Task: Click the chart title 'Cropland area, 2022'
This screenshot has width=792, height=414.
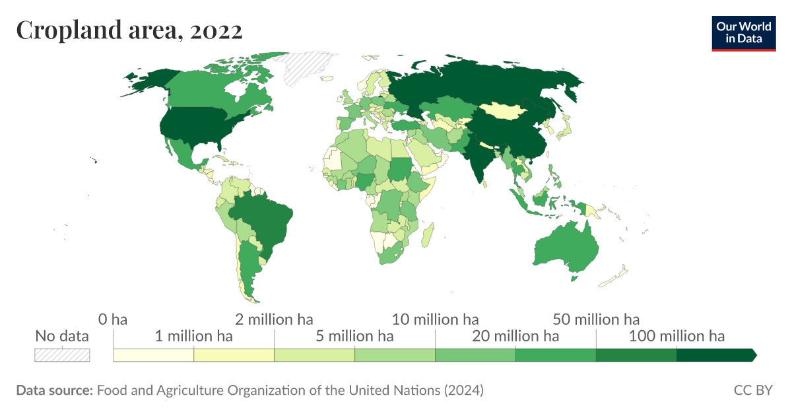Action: pyautogui.click(x=129, y=30)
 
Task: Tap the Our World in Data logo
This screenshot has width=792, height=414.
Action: pyautogui.click(x=743, y=32)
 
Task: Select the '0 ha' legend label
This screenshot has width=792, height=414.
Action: pyautogui.click(x=113, y=320)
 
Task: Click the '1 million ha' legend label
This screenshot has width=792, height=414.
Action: pyautogui.click(x=193, y=336)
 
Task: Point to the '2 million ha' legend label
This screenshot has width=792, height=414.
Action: pyautogui.click(x=274, y=320)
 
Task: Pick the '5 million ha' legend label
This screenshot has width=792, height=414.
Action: pyautogui.click(x=354, y=336)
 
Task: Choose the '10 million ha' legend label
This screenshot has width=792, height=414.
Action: pyautogui.click(x=435, y=320)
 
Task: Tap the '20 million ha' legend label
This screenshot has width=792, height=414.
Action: pyautogui.click(x=515, y=336)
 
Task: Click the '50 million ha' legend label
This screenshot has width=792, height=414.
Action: pyautogui.click(x=596, y=320)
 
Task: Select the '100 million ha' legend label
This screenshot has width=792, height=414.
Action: pyautogui.click(x=676, y=336)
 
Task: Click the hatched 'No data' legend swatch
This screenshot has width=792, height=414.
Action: pyautogui.click(x=62, y=355)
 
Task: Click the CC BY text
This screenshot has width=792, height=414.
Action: pyautogui.click(x=752, y=390)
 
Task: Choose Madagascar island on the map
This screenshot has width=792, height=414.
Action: pyautogui.click(x=428, y=234)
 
